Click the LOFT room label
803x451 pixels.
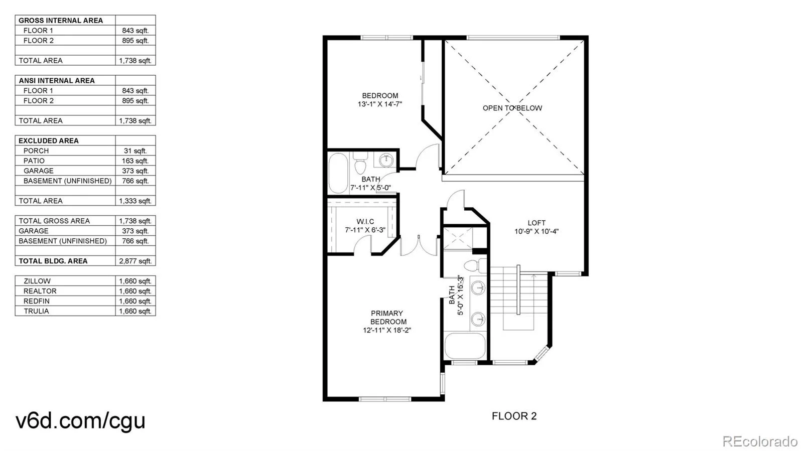tap(537, 223)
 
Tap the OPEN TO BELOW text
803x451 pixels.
tap(512, 108)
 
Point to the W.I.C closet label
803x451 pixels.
tap(365, 222)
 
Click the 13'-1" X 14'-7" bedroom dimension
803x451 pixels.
tap(379, 104)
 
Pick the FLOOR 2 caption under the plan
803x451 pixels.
tap(514, 416)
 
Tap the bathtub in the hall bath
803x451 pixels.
tap(339, 173)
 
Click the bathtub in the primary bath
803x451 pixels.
tap(465, 346)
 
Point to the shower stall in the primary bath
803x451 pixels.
tap(458, 238)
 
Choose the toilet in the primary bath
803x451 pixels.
tap(475, 266)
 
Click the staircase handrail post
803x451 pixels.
tap(518, 290)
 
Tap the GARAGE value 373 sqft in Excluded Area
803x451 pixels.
tap(135, 171)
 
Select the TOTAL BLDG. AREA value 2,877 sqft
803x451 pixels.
tap(135, 261)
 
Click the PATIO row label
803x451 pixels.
tap(34, 161)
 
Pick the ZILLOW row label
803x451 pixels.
tap(37, 281)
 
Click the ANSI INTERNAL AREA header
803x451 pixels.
tap(57, 81)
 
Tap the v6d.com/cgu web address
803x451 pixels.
tap(80, 420)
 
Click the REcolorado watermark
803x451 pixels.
tap(759, 441)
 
